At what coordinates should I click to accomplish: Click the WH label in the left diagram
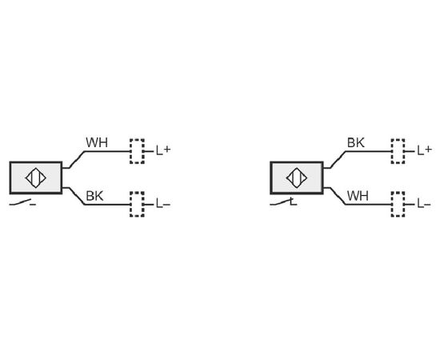[97, 142]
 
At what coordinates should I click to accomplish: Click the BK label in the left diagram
[94, 196]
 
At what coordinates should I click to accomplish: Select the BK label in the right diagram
[356, 142]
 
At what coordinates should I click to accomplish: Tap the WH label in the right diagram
[358, 196]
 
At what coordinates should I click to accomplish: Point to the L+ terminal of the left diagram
[163, 151]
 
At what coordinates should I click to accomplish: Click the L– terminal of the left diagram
[163, 204]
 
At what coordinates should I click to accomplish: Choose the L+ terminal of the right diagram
[424, 151]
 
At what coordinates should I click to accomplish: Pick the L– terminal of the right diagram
[424, 204]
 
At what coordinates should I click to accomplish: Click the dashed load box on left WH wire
[137, 151]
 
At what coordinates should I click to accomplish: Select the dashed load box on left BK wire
[137, 204]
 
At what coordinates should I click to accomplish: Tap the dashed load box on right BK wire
[398, 151]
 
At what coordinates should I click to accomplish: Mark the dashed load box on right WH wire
[398, 204]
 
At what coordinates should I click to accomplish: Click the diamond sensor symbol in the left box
[36, 178]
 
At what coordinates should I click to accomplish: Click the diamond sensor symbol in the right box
[297, 178]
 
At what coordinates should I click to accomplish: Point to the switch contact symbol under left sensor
[22, 202]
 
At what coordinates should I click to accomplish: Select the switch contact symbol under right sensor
[283, 202]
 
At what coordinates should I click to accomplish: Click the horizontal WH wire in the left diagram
[107, 151]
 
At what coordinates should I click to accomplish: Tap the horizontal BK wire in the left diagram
[107, 205]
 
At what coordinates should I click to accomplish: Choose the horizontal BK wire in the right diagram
[369, 151]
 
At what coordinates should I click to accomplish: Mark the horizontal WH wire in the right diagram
[369, 205]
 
